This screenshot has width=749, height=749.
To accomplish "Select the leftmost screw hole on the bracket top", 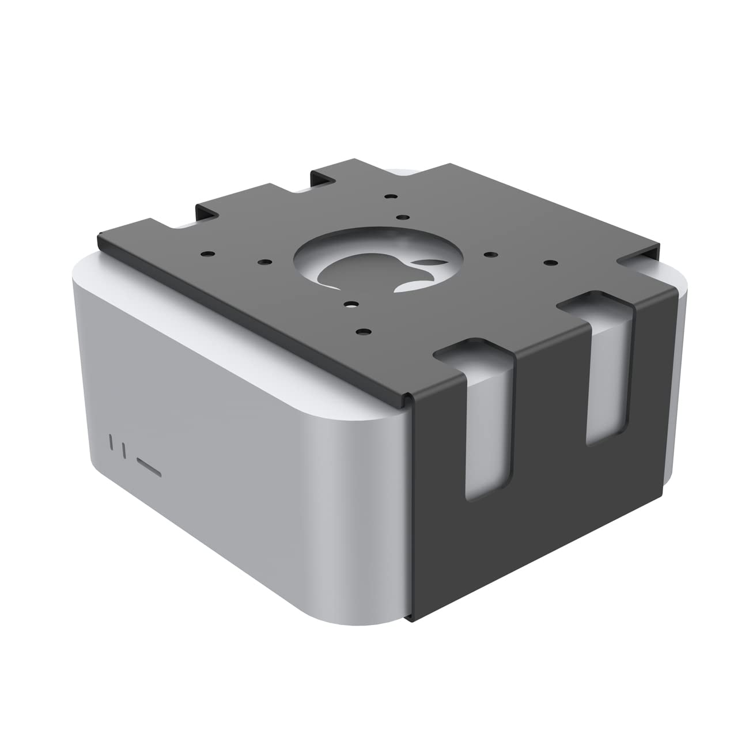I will click(205, 253).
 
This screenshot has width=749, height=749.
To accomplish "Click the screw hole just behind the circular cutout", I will click(400, 218).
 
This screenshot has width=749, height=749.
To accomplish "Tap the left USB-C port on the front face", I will click(111, 442).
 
